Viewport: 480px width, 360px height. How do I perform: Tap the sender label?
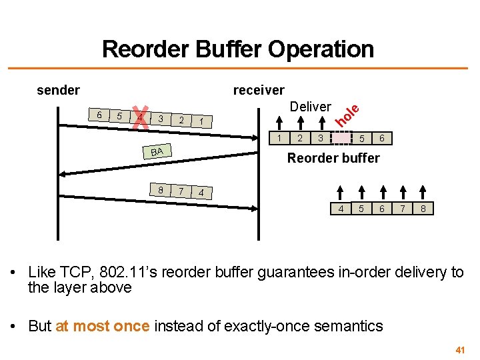(58, 90)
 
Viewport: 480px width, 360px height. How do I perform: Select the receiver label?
(258, 90)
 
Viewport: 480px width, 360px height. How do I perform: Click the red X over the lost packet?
(140, 118)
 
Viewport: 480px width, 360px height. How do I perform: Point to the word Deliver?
(310, 107)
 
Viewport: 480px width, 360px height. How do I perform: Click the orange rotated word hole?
(347, 115)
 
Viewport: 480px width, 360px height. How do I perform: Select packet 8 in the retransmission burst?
(161, 189)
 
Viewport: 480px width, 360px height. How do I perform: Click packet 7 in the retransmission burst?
(181, 191)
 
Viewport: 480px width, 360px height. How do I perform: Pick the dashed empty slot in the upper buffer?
(341, 139)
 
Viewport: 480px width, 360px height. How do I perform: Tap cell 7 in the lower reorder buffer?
(403, 209)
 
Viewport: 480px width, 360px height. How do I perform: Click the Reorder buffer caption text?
(333, 158)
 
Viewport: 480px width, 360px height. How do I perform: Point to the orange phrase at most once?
(103, 326)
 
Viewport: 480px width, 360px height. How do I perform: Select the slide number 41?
(459, 349)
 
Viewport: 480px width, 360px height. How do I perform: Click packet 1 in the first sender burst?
(201, 121)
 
